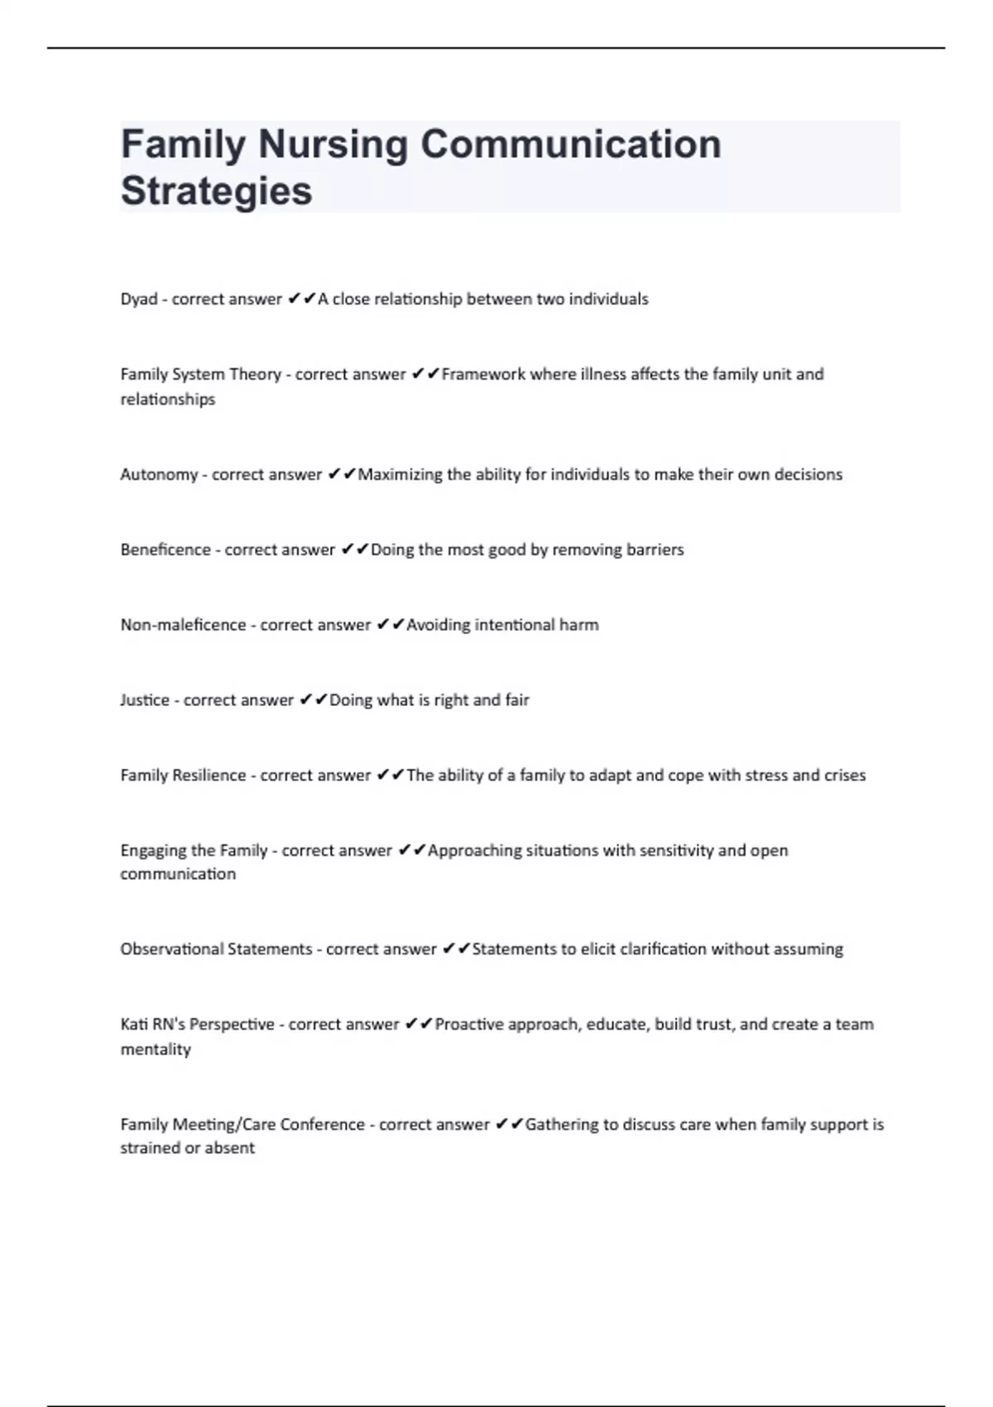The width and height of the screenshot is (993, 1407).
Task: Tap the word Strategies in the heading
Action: pyautogui.click(x=217, y=191)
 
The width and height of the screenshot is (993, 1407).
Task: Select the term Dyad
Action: pyautogui.click(x=139, y=300)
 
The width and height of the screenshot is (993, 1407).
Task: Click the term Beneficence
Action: pyautogui.click(x=165, y=550)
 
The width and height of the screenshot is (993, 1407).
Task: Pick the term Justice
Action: pyautogui.click(x=145, y=701)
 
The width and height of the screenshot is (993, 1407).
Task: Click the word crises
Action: pyautogui.click(x=845, y=776)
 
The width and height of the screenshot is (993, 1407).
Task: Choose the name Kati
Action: pyautogui.click(x=133, y=1025)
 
